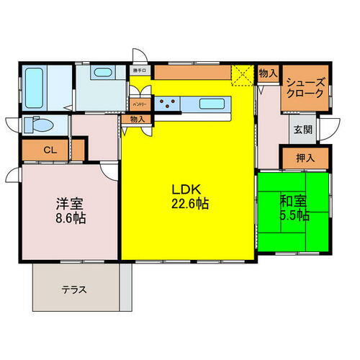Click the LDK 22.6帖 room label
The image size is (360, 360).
point(189,196)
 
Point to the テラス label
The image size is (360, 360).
point(74,290)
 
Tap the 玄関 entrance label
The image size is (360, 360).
point(302,131)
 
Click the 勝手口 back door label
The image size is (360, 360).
point(139,71)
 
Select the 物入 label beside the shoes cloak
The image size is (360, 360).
point(267,73)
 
